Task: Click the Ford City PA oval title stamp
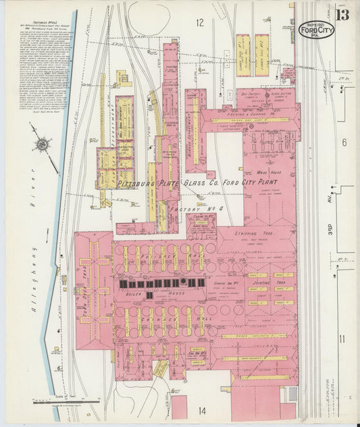point(317,30)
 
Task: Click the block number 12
point(199,23)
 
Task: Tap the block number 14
point(202,410)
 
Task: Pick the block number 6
point(343,143)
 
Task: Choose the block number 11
point(342,338)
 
